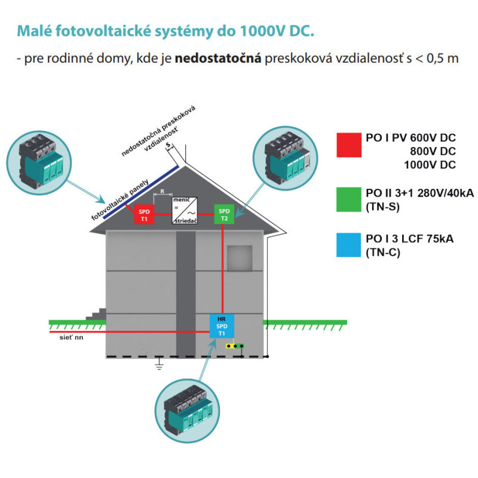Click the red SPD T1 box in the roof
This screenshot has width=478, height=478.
144,215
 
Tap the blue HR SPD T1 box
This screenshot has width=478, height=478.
221,326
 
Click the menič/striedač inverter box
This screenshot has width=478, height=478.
183,210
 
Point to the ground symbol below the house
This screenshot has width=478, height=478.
159,364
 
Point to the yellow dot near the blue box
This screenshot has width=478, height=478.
228,346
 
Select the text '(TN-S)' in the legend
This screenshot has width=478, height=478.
382,207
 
